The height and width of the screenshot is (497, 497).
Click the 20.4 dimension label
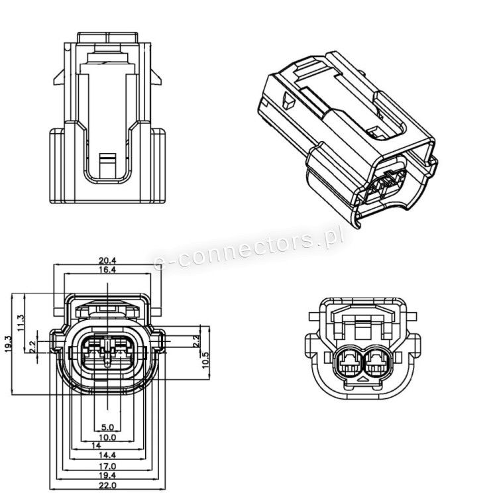click(x=107, y=260)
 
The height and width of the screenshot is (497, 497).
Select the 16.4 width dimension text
click(x=107, y=270)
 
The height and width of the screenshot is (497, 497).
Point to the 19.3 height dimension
click(x=9, y=344)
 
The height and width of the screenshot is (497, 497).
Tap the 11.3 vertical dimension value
click(x=21, y=323)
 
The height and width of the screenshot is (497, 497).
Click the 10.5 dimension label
click(x=206, y=360)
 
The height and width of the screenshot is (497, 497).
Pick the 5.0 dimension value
click(x=107, y=427)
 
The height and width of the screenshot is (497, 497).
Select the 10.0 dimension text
click(x=107, y=438)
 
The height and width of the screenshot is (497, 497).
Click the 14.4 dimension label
click(x=107, y=455)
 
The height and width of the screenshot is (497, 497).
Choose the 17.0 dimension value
click(x=107, y=467)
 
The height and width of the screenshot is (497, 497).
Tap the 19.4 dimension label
click(x=107, y=475)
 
